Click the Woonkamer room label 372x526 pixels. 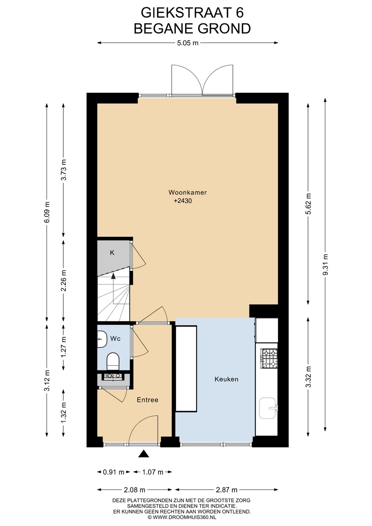click(187, 193)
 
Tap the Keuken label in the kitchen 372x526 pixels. click(227, 379)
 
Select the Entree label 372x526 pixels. click(148, 400)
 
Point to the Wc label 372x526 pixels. click(115, 339)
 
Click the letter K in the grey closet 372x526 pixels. click(112, 253)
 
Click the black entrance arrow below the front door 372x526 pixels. click(144, 454)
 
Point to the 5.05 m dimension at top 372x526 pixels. click(187, 43)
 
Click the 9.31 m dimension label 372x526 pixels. click(325, 265)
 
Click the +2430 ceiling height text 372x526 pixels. click(183, 201)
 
